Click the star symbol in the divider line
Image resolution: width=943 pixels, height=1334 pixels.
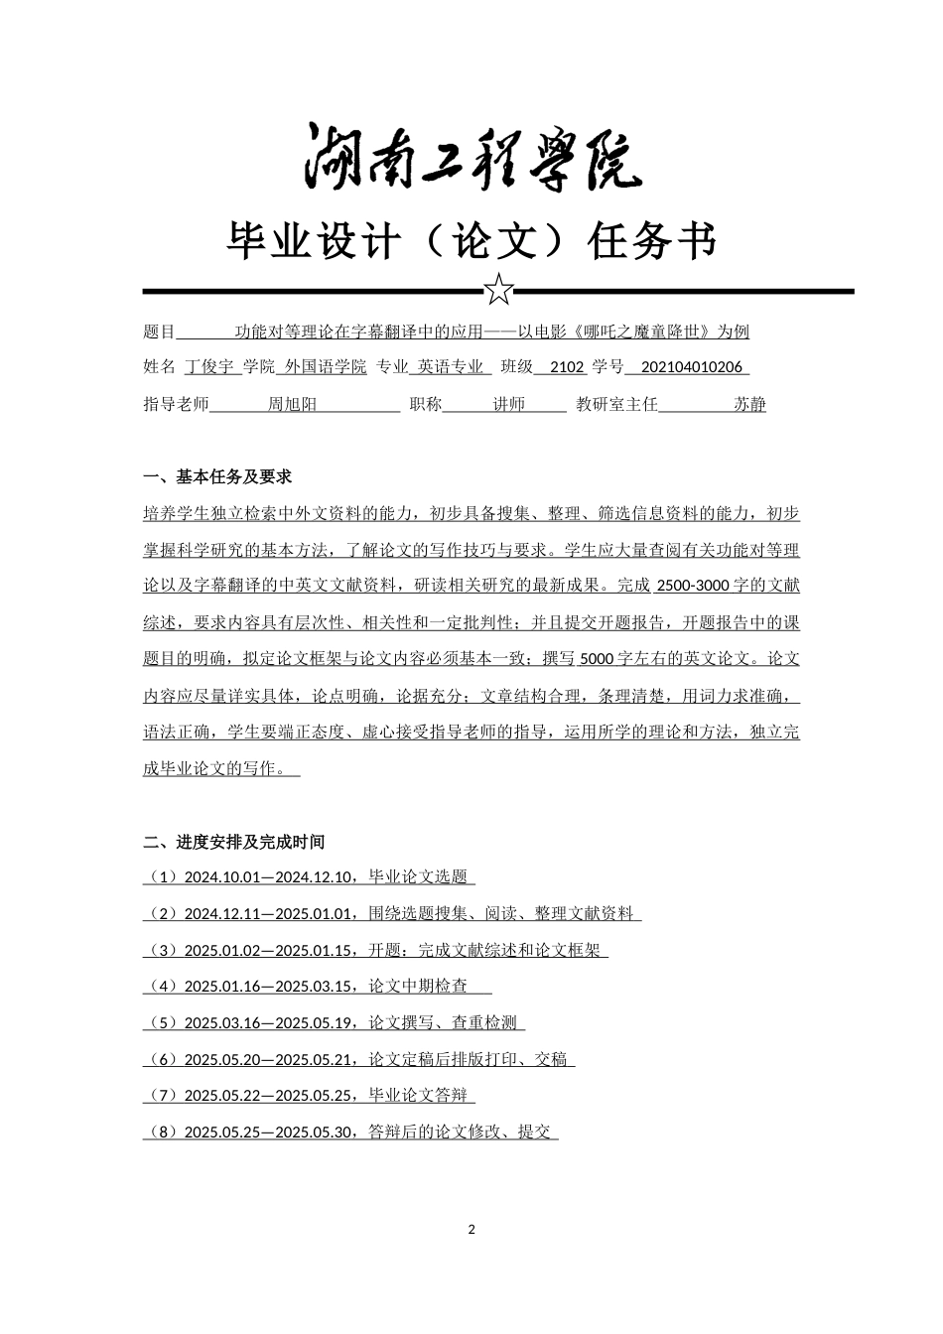click(498, 291)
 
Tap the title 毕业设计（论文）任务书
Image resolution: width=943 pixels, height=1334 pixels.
click(471, 240)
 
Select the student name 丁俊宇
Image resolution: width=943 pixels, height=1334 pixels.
click(209, 366)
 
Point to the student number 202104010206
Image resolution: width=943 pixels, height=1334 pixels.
click(692, 366)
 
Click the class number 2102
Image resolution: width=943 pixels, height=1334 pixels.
click(567, 366)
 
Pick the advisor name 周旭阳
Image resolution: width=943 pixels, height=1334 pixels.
click(293, 404)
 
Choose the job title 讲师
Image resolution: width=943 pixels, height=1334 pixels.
click(508, 404)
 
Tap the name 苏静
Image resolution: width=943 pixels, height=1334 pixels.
click(749, 404)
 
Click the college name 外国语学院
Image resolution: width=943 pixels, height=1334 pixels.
click(326, 366)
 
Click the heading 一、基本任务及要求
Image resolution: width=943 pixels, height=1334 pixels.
click(217, 476)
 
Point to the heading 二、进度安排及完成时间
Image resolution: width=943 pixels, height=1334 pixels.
click(233, 842)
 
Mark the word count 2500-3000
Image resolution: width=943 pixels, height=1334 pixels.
click(692, 585)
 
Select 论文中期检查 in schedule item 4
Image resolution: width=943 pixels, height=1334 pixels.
click(418, 987)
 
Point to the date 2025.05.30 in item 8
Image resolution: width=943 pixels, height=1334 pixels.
click(315, 1132)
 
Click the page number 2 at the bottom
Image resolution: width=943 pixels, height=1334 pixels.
click(471, 1230)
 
